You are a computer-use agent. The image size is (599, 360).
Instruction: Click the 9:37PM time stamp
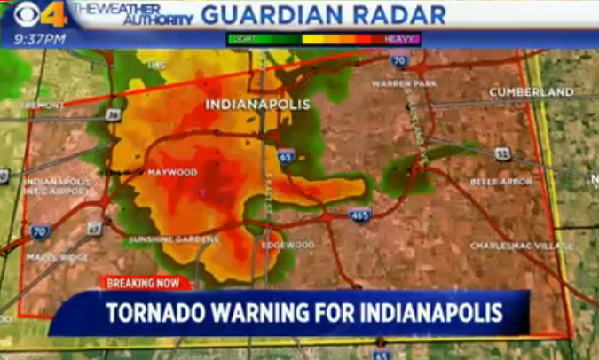(40, 39)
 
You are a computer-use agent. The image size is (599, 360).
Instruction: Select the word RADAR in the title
(404, 14)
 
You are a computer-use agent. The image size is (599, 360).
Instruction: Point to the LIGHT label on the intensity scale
(242, 39)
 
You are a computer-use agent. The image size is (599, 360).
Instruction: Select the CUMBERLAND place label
(531, 92)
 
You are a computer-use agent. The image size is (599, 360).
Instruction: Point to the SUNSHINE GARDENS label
(173, 239)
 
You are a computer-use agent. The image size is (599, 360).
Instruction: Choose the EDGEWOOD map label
(288, 245)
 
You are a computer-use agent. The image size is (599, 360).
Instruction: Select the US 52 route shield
(502, 153)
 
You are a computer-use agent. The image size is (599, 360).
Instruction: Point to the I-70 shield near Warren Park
(399, 61)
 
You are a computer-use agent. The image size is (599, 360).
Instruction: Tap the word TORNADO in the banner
(161, 313)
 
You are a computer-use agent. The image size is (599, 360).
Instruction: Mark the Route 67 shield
(94, 228)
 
